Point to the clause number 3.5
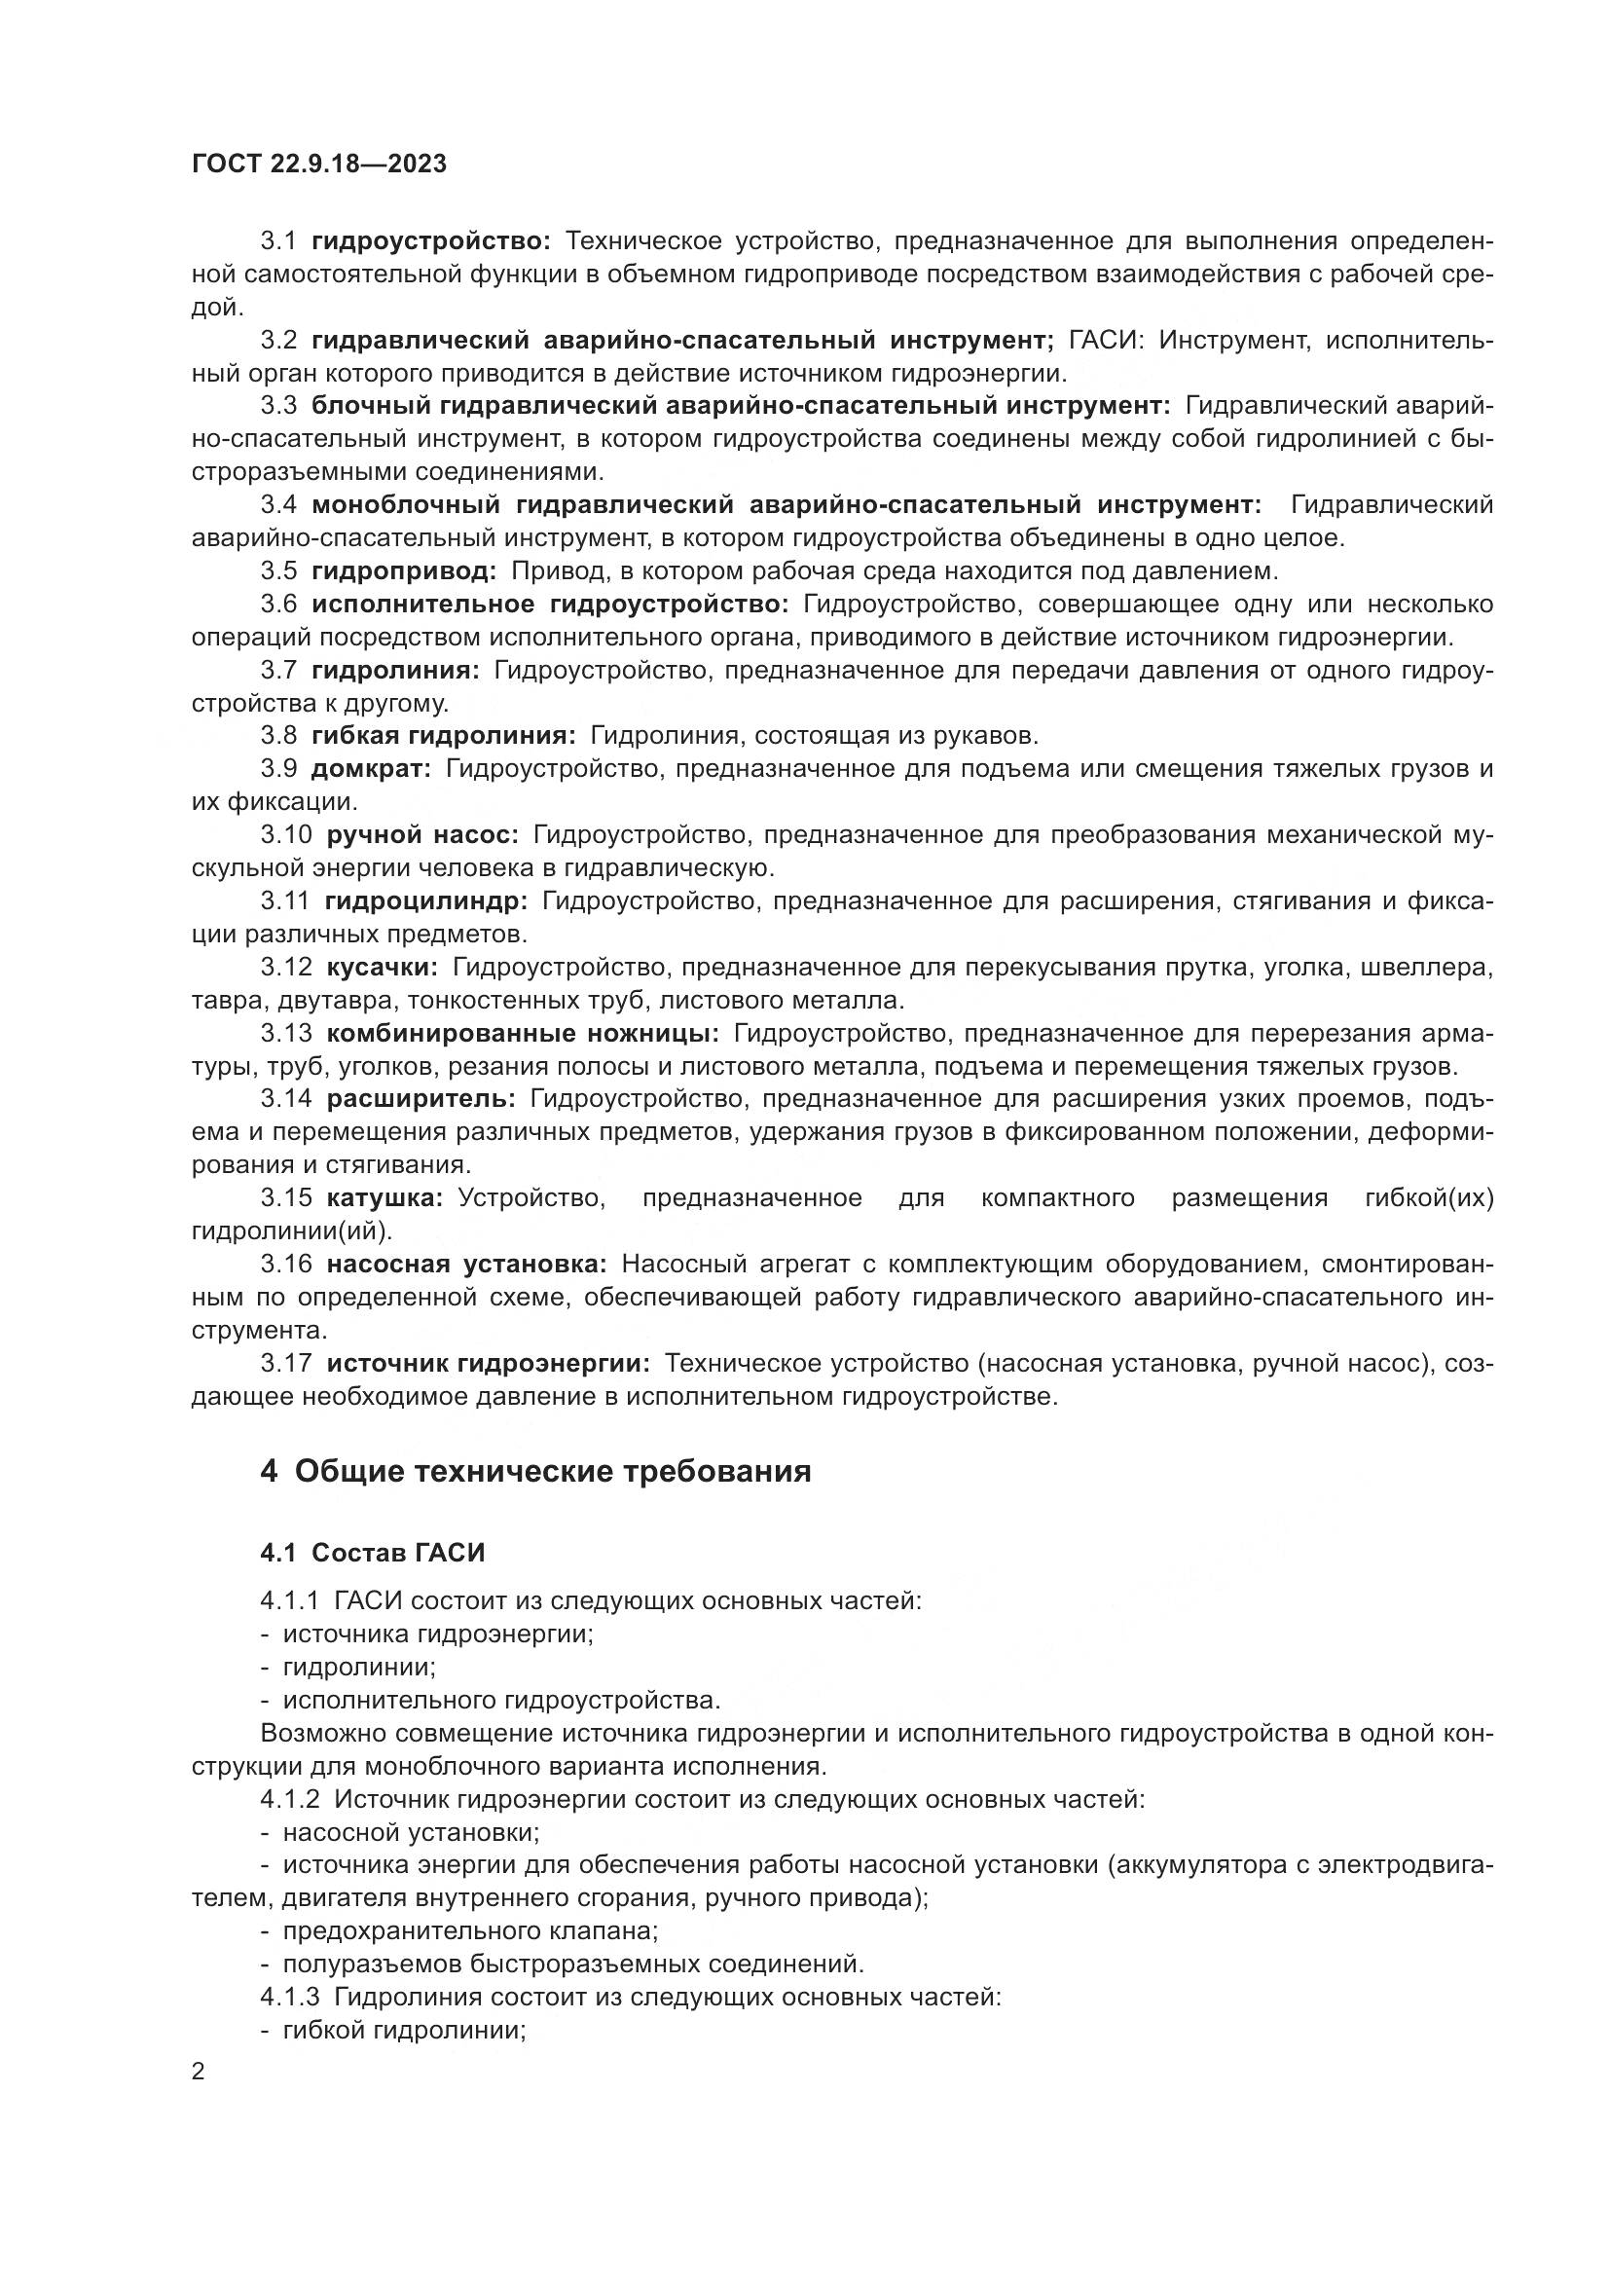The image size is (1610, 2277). [278, 571]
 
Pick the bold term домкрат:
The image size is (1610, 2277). [371, 769]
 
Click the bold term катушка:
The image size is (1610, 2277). [384, 1198]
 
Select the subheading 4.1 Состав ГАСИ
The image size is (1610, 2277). [373, 1553]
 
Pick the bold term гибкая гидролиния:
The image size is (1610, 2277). [443, 736]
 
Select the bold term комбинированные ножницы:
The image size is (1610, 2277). [523, 1034]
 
